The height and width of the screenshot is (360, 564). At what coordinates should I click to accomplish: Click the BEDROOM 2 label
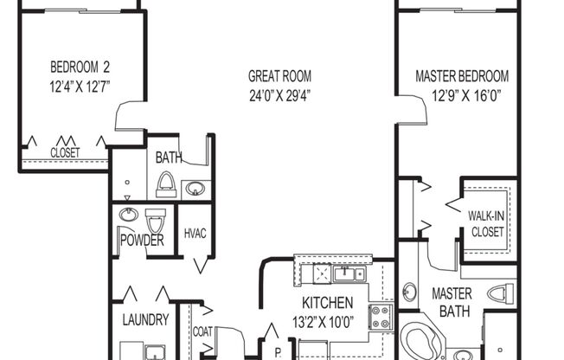point(80,67)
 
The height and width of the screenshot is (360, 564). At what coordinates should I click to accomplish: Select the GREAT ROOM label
point(279,75)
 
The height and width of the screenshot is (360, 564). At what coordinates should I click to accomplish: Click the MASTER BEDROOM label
point(462,75)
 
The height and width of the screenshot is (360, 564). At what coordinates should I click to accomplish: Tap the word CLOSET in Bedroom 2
point(65,152)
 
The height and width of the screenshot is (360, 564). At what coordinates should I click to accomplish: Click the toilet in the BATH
point(166,183)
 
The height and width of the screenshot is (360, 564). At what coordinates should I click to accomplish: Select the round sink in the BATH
point(195,187)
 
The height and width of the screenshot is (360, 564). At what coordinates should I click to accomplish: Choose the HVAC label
point(195,235)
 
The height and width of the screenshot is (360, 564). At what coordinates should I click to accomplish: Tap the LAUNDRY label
point(144,319)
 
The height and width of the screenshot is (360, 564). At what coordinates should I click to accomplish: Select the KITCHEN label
point(327,303)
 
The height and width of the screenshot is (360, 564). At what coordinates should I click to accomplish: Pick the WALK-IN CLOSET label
point(487,223)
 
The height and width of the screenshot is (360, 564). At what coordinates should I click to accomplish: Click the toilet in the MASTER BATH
point(499,293)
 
